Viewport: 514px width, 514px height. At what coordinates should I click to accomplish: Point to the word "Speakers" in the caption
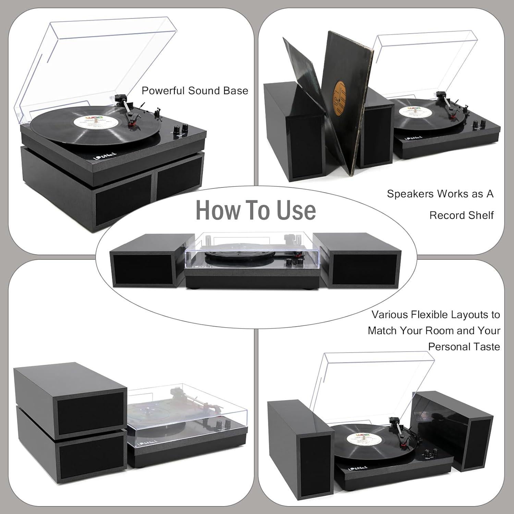point(410,194)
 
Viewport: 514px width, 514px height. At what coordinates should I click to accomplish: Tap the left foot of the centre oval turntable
point(198,286)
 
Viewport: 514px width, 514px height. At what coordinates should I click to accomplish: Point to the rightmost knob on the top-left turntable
point(185,127)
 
